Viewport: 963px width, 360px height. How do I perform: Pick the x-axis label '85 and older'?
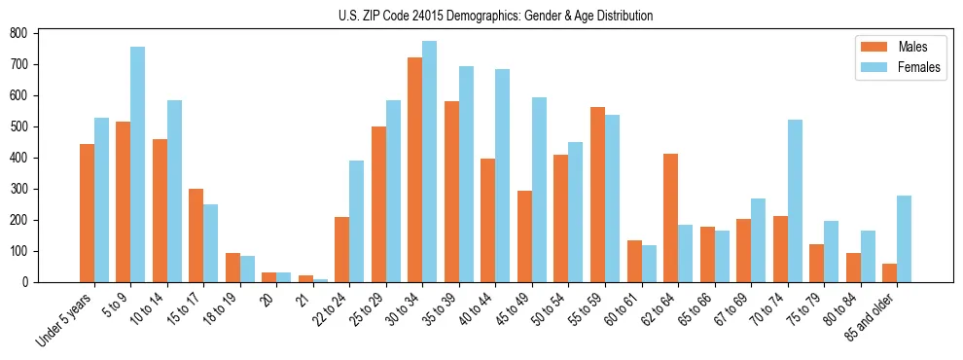tap(872, 316)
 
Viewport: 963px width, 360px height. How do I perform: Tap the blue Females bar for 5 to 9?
tap(138, 164)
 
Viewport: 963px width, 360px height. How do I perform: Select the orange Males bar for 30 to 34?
tap(415, 170)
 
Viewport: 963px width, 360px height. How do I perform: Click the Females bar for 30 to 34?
tap(430, 162)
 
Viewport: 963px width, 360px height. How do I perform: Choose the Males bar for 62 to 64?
tap(670, 218)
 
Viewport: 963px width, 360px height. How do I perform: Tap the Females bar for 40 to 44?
tap(503, 176)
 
